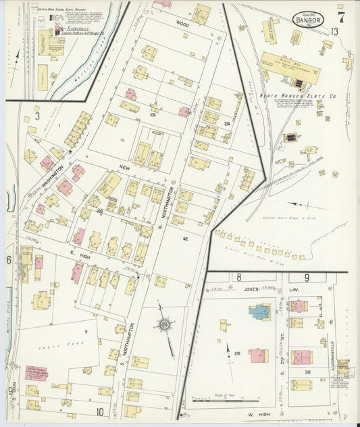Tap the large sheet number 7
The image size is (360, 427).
click(341, 15)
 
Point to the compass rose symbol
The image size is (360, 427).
click(164, 326)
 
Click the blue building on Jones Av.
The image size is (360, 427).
click(259, 311)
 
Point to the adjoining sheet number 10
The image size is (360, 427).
click(99, 411)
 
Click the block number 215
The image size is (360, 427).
click(237, 353)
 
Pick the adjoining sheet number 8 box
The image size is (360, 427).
click(238, 277)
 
